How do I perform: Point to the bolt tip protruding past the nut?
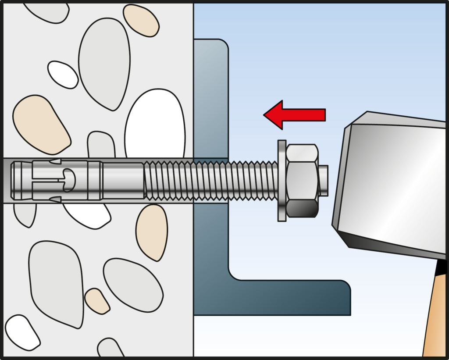(323, 180)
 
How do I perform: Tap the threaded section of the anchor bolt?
(210, 180)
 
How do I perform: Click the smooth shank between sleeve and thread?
(123, 180)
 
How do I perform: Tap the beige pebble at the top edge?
(141, 20)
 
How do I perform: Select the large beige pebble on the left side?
(41, 125)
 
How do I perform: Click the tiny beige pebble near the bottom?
(97, 301)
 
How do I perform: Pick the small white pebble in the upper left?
(62, 74)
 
